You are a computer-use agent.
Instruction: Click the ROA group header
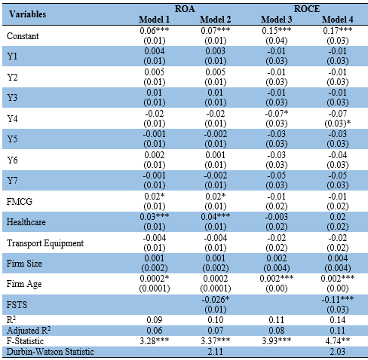click(x=185, y=9)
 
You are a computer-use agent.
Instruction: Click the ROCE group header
click(x=307, y=9)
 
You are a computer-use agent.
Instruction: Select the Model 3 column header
click(x=276, y=20)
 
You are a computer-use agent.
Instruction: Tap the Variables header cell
click(x=28, y=14)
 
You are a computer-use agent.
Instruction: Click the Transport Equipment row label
click(x=45, y=243)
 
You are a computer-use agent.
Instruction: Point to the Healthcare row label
click(x=26, y=222)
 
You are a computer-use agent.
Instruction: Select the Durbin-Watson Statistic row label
click(x=51, y=352)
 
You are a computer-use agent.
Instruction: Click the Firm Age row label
click(x=24, y=284)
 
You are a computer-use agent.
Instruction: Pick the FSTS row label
click(x=17, y=305)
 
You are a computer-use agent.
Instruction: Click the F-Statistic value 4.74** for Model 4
click(x=338, y=341)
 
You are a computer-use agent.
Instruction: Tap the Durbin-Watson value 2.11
click(x=216, y=352)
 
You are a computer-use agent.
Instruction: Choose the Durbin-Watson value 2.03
click(x=338, y=352)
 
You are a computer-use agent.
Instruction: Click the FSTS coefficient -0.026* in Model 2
click(x=216, y=299)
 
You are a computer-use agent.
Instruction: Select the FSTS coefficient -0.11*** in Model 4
click(x=338, y=299)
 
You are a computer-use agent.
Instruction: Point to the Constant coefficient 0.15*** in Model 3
click(x=277, y=30)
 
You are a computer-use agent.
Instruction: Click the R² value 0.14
click(x=338, y=320)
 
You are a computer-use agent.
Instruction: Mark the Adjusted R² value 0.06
click(x=155, y=331)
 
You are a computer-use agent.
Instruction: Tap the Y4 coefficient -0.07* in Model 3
click(x=277, y=114)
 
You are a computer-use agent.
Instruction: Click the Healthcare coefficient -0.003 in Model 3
click(x=277, y=217)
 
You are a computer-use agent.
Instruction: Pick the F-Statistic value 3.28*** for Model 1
click(x=155, y=341)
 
